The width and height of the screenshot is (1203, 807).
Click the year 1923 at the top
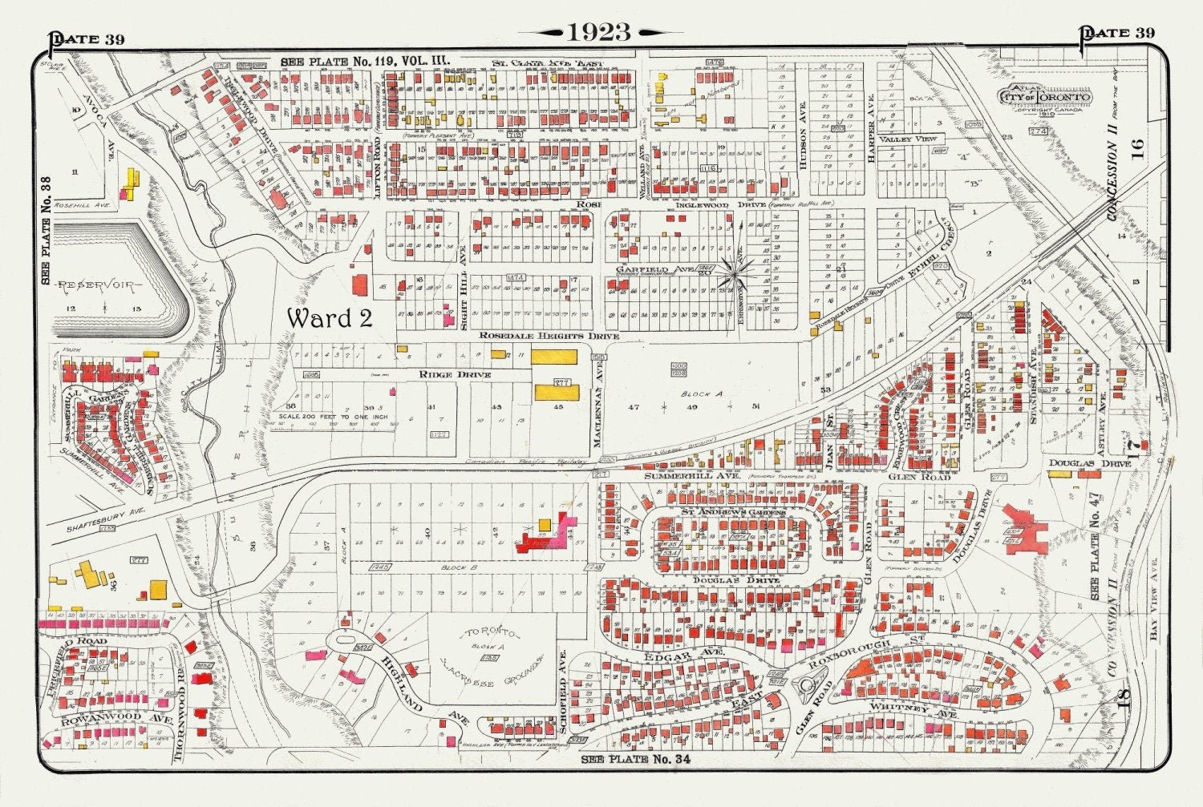pyautogui.click(x=600, y=32)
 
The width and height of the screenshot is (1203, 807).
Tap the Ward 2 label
pyautogui.click(x=330, y=317)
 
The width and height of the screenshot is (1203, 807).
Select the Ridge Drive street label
pyautogui.click(x=454, y=374)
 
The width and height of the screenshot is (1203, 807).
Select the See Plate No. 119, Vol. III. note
pyautogui.click(x=365, y=61)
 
